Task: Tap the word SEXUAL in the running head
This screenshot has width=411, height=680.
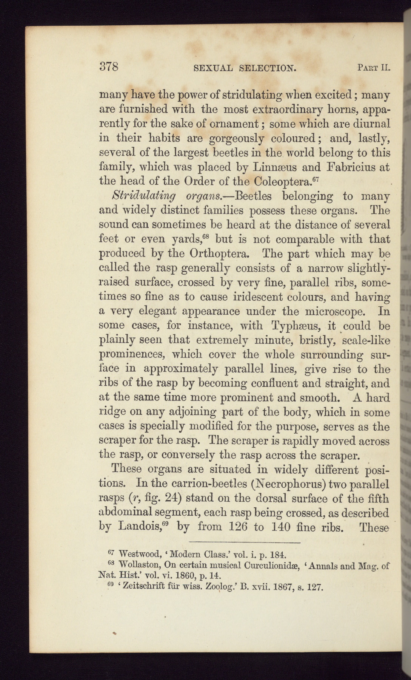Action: click(212, 68)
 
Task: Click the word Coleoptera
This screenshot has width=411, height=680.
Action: click(281, 181)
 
